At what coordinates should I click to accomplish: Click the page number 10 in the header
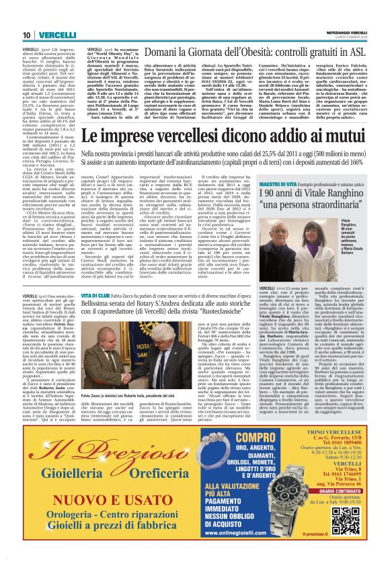pos(26,34)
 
